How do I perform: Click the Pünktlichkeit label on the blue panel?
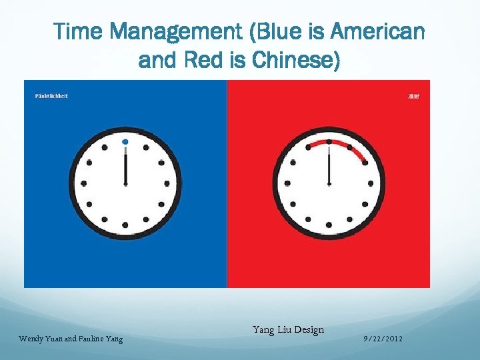click(51, 96)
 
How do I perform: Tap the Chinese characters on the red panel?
click(413, 97)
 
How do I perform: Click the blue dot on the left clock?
click(125, 142)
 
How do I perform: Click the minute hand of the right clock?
click(329, 166)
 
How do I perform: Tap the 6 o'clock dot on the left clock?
click(125, 225)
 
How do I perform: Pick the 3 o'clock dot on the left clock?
click(167, 184)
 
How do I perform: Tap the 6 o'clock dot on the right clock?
click(329, 225)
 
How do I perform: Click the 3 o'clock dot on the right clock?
click(371, 184)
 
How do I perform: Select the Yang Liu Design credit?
click(288, 329)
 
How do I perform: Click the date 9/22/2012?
click(383, 339)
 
